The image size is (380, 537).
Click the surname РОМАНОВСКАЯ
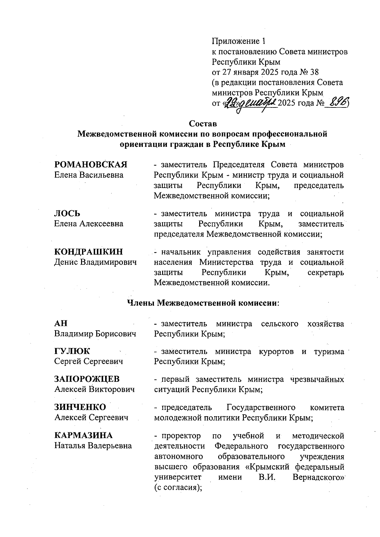click(91, 165)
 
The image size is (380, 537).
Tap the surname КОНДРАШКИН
click(89, 252)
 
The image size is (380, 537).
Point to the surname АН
click(61, 323)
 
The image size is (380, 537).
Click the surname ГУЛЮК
click(72, 351)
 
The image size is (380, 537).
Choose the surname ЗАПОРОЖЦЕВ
click(87, 379)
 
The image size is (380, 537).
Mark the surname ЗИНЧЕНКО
click(80, 407)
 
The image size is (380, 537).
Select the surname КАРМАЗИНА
click(83, 435)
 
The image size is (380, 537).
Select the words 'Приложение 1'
click(238, 41)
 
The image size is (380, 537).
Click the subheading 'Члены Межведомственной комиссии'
click(203, 303)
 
